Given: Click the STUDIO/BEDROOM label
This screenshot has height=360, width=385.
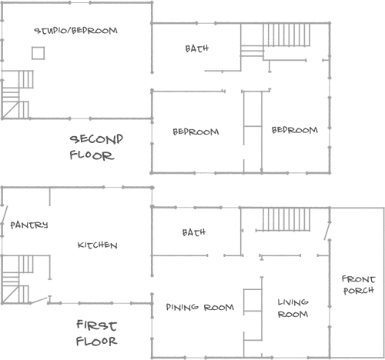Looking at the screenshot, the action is (x=76, y=31).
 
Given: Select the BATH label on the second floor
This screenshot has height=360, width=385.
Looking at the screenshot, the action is (x=197, y=48).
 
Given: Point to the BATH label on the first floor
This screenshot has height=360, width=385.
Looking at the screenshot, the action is (x=194, y=232).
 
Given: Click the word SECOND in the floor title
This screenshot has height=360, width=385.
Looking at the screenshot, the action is (x=96, y=139).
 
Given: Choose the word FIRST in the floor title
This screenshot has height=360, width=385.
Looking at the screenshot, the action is (x=96, y=325).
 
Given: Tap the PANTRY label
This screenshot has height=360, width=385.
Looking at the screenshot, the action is (x=29, y=225).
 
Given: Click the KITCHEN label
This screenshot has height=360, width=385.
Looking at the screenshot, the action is (x=98, y=245).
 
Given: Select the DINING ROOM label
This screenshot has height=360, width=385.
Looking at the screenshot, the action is (x=200, y=307).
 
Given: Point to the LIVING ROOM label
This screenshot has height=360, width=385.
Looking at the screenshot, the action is (x=293, y=308).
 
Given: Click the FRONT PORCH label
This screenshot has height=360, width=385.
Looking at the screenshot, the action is (x=359, y=285).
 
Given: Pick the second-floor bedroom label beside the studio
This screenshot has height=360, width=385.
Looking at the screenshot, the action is (x=196, y=132).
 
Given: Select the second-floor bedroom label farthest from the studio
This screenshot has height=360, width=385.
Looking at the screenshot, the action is (x=295, y=130).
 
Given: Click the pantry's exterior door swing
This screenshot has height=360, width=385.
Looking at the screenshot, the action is (x=5, y=215).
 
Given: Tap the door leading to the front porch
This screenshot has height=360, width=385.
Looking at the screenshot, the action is (x=327, y=231).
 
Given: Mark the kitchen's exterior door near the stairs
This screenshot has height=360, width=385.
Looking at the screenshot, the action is (x=39, y=300).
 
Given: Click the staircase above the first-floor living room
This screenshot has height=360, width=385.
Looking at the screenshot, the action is (x=286, y=219).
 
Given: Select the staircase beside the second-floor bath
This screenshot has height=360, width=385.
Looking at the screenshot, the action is (x=286, y=35).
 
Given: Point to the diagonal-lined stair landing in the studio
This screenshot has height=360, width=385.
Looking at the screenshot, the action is (x=11, y=110).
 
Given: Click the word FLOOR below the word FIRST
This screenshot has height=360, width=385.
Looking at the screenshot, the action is (x=96, y=342).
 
